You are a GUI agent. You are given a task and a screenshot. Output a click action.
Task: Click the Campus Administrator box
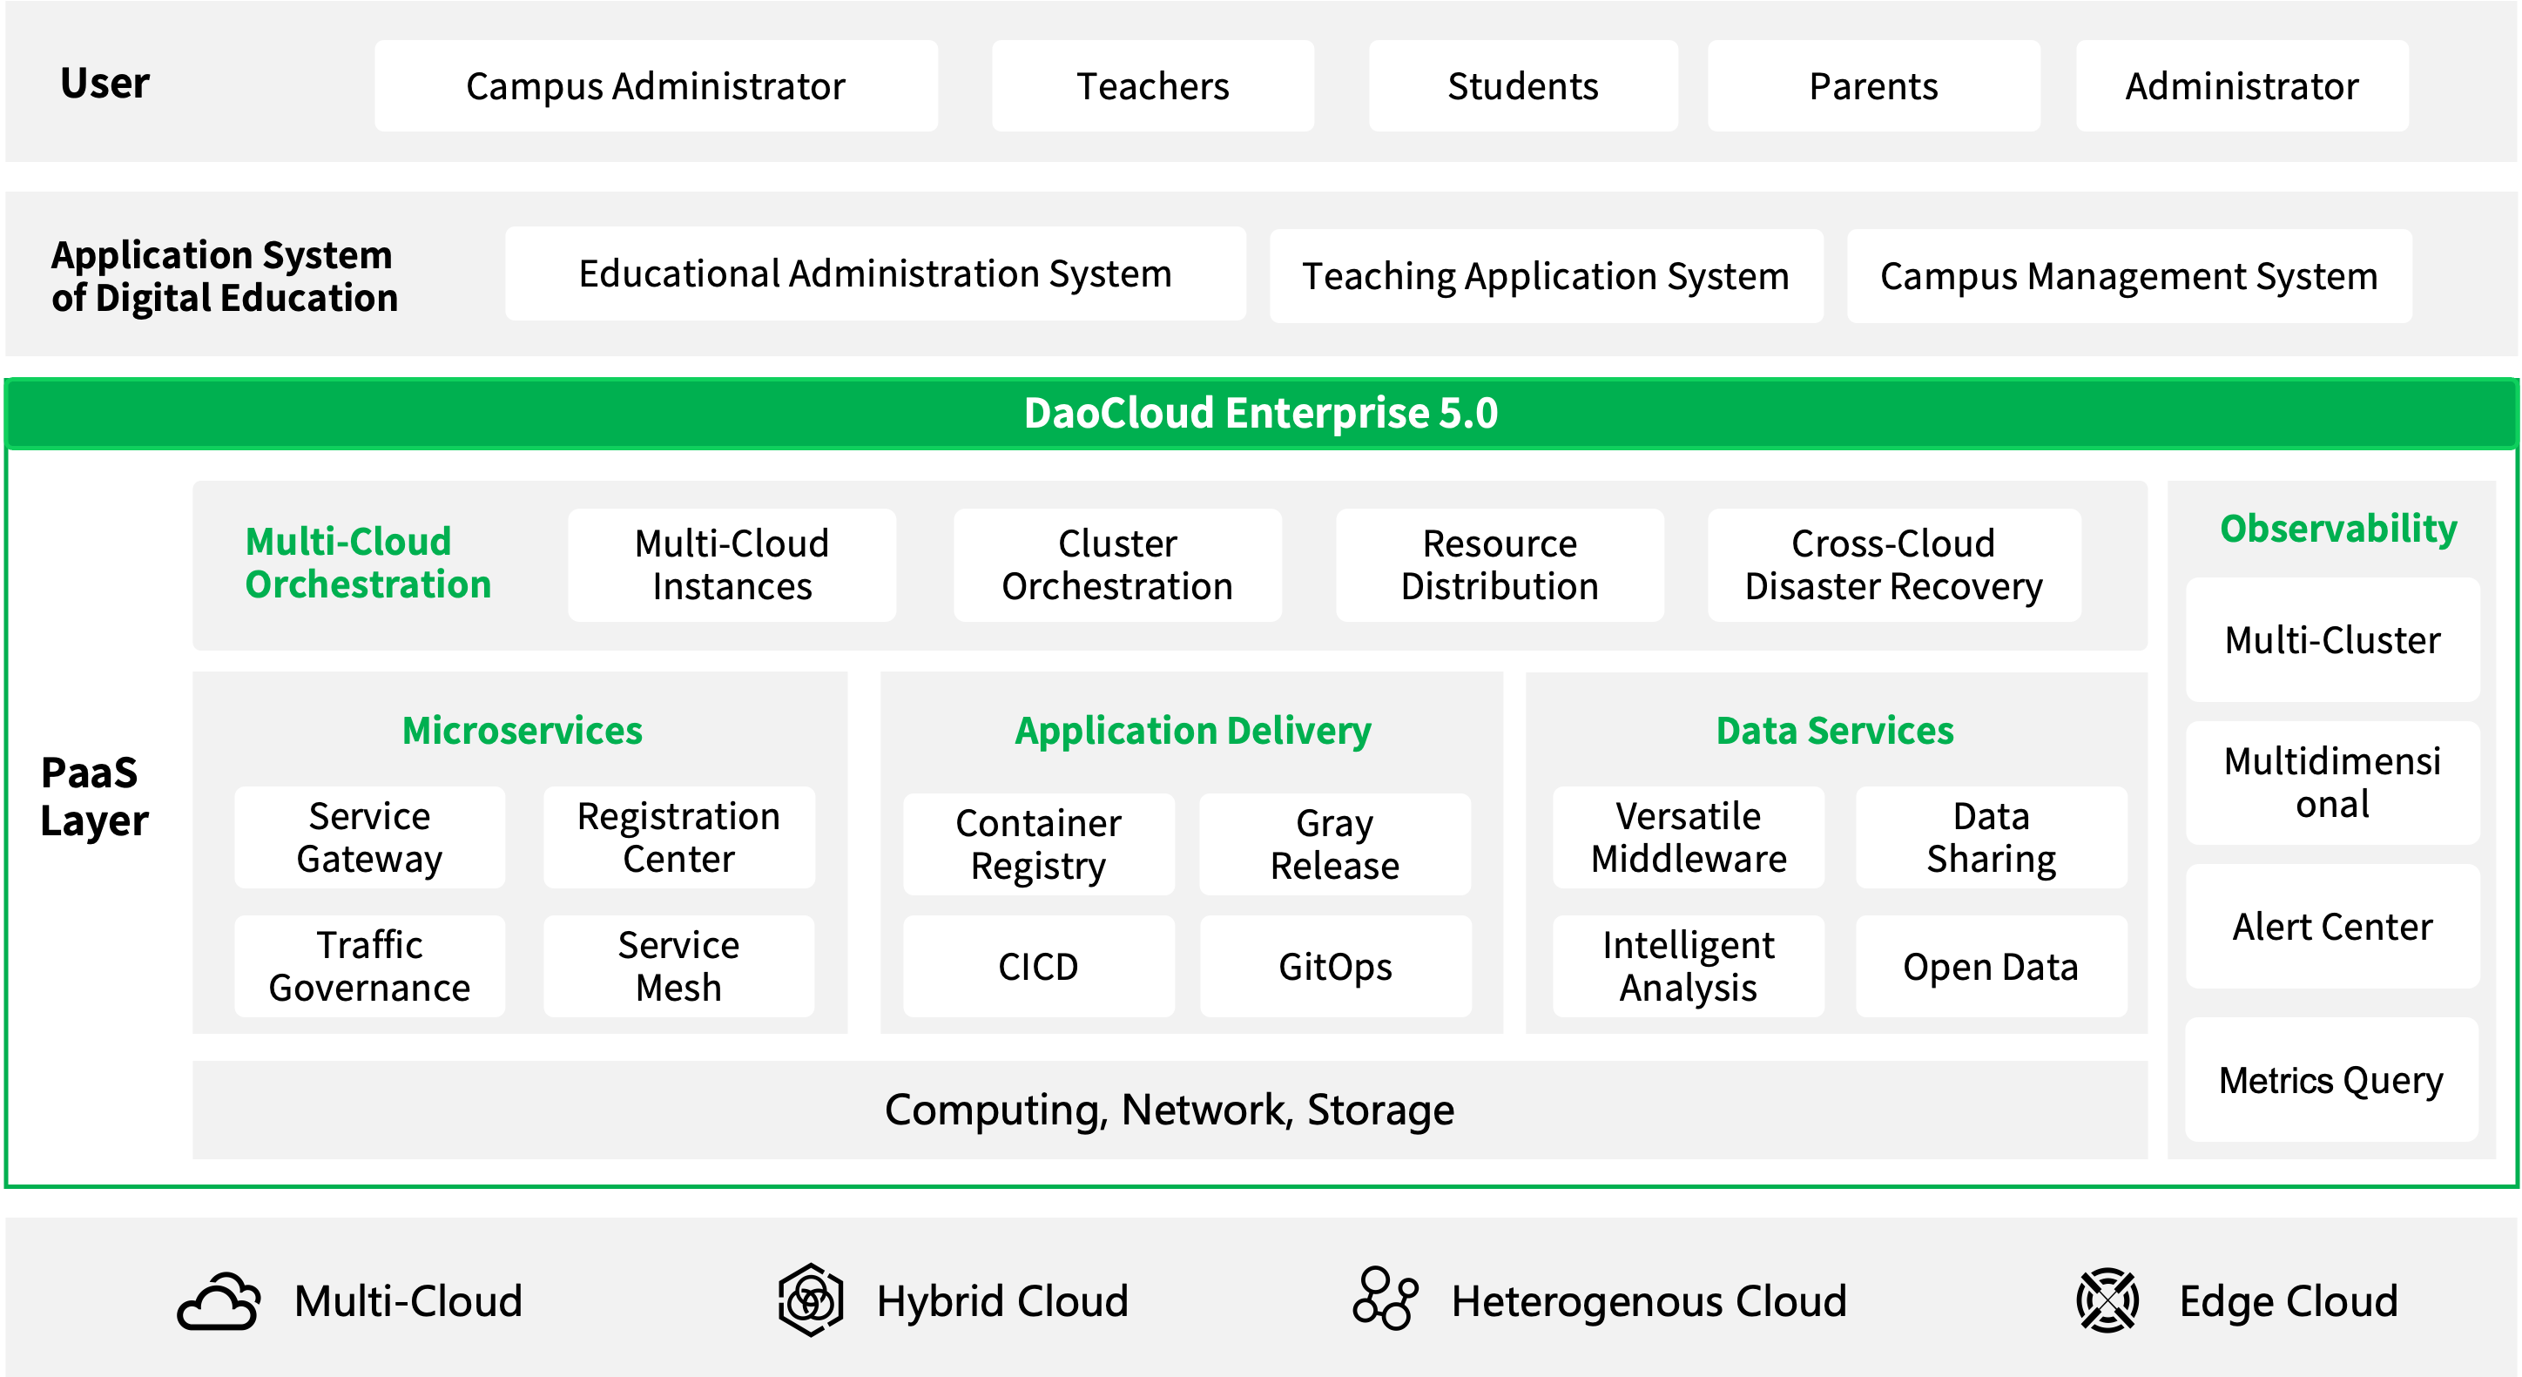click(x=656, y=86)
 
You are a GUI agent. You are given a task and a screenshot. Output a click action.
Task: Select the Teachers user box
click(x=1152, y=86)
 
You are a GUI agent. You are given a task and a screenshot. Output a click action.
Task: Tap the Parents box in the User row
click(x=1874, y=86)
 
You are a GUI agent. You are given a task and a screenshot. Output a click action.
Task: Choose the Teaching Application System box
click(x=1546, y=276)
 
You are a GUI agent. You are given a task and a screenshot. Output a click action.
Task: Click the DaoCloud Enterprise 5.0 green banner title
click(x=1261, y=412)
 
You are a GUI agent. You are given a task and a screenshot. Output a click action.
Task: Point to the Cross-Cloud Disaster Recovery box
click(x=1893, y=565)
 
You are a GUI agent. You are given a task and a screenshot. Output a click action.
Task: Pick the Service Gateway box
click(x=370, y=837)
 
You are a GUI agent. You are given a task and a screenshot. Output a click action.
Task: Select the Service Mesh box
click(x=678, y=967)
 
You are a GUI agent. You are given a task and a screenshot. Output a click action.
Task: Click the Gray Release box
click(x=1334, y=844)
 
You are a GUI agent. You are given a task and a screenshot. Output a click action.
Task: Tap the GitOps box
click(x=1334, y=967)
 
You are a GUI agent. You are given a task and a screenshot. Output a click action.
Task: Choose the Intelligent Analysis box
click(x=1688, y=967)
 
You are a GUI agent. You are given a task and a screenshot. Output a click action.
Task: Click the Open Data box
click(x=1991, y=967)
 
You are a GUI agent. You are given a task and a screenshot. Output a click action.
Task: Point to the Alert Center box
click(x=2332, y=927)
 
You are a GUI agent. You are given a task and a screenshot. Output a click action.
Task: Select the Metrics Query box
click(x=2332, y=1080)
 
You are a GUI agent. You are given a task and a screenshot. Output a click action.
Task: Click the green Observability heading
click(x=2338, y=529)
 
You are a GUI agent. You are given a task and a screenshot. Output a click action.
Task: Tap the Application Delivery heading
click(x=1192, y=731)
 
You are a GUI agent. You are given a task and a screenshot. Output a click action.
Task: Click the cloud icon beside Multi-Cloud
click(x=219, y=1301)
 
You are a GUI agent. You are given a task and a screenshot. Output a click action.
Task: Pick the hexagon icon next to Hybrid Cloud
click(x=811, y=1299)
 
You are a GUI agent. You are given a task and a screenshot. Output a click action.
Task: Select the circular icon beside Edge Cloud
click(x=2107, y=1300)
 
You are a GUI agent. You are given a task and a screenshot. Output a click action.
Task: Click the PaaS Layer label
click(x=94, y=796)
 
